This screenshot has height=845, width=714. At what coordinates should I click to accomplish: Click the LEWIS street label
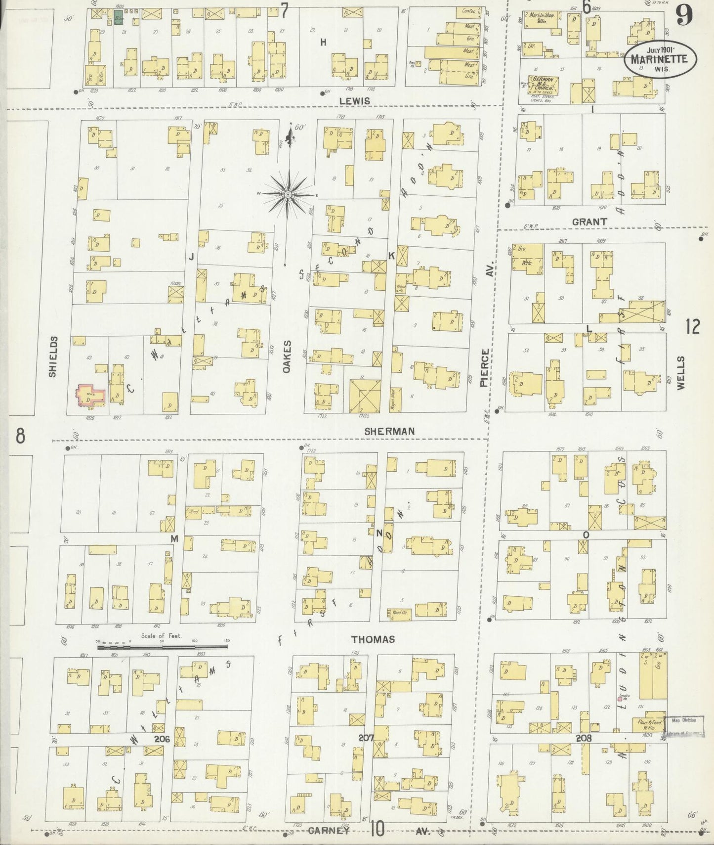point(355,101)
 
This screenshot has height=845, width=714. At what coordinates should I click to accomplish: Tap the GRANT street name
point(589,222)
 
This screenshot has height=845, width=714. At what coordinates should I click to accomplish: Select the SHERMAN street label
point(389,431)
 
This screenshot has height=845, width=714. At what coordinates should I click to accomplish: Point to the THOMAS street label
point(373,639)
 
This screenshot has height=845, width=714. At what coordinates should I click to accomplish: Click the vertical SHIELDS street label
point(53,356)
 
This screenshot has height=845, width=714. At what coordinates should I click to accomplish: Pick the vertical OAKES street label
point(288,356)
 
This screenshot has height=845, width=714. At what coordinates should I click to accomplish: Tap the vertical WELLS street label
point(681,373)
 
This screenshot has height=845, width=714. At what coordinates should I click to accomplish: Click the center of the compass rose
point(289,195)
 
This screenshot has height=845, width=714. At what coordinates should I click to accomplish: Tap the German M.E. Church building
point(544,85)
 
